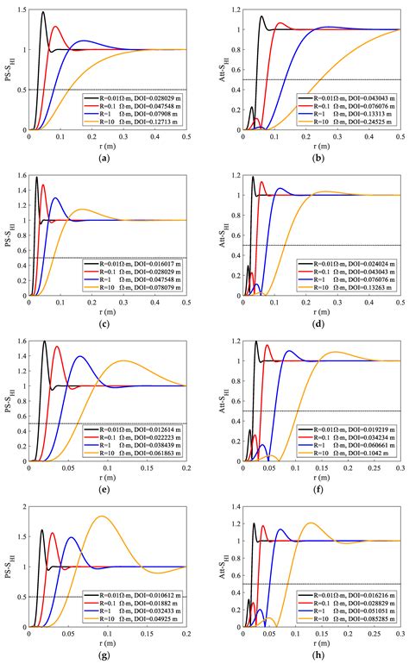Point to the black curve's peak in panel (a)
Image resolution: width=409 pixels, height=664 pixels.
(43, 12)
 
